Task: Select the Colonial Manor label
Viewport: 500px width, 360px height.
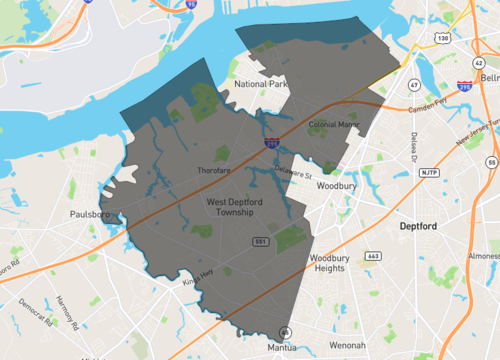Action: (333, 125)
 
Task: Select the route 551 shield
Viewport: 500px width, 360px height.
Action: (260, 243)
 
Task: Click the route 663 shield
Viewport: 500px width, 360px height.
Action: (373, 256)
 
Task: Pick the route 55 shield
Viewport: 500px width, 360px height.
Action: (491, 161)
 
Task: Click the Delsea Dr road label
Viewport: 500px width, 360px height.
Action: (412, 150)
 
